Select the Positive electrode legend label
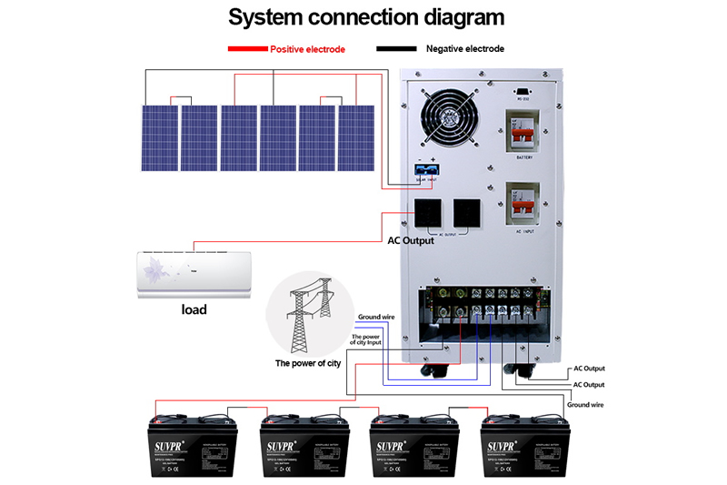point(307,49)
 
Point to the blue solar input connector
point(425,169)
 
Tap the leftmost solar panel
point(159,137)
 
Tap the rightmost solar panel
point(356,137)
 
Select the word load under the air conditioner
point(193,309)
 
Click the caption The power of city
point(308,363)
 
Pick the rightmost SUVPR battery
point(523,444)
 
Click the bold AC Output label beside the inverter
point(411,241)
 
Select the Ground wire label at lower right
point(586,403)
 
